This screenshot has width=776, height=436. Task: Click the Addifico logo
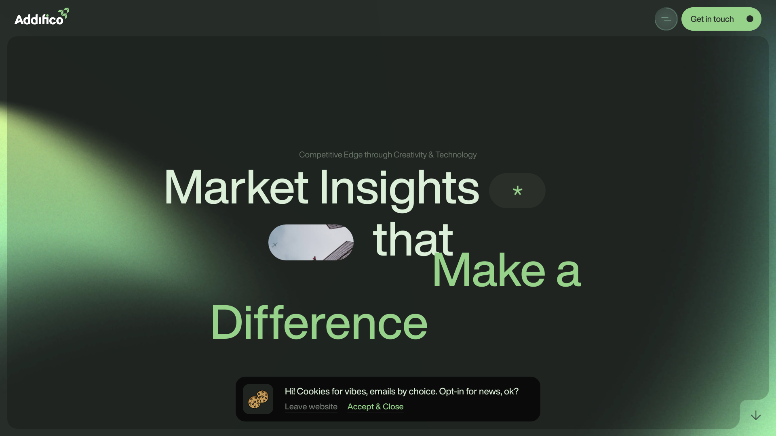pos(42,17)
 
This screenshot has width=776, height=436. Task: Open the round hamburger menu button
pos(666,19)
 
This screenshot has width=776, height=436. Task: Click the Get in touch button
pos(721,19)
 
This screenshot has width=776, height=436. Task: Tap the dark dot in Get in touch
pos(750,19)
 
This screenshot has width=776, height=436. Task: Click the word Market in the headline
pos(236,187)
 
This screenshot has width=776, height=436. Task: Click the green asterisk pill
pos(517,191)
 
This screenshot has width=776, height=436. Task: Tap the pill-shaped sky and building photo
pos(311,242)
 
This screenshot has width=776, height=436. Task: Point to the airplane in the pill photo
pos(274,245)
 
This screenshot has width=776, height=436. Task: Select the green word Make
pos(489,270)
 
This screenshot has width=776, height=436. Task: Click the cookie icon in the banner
pos(258,399)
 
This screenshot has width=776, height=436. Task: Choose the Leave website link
pos(311,407)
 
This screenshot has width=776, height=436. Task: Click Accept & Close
pos(375,407)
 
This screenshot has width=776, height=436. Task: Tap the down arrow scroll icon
pos(756,415)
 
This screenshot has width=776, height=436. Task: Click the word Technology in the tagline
pos(456,155)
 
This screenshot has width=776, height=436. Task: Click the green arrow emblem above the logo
pos(64,13)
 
